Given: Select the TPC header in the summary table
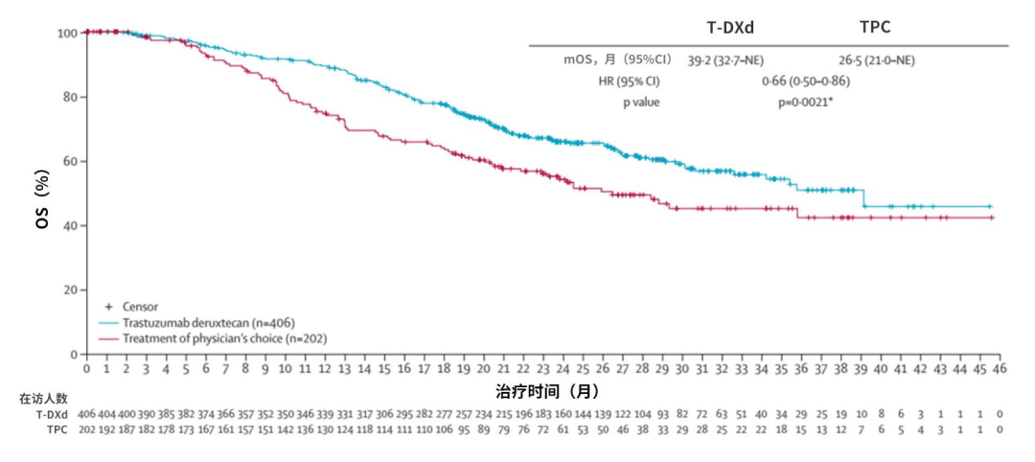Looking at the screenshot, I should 874,28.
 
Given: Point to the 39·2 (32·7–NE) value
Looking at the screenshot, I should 725,60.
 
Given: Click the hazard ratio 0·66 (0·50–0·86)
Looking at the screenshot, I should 805,81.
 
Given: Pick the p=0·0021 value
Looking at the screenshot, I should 805,102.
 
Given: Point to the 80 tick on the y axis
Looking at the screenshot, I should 67,97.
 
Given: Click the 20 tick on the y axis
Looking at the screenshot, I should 67,290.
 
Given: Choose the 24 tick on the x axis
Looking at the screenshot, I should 563,369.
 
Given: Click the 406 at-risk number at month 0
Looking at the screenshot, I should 87,414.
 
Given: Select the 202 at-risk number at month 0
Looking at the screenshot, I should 87,429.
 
